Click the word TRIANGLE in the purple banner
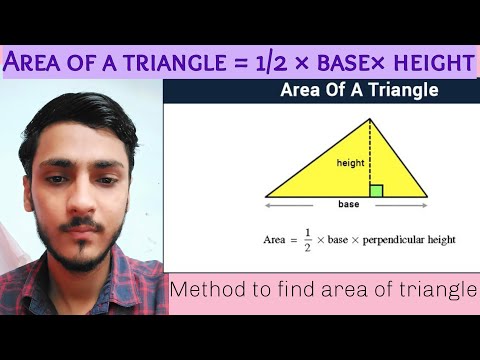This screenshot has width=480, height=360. pos(175,62)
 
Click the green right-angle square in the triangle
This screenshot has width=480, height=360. pos(376,190)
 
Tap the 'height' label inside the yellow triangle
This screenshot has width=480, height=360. pos(349,162)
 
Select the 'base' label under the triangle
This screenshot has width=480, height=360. pos(349,204)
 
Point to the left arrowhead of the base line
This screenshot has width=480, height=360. pos(268,205)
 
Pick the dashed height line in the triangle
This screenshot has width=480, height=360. pos(370,150)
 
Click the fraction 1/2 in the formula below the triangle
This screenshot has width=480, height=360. pos(306,240)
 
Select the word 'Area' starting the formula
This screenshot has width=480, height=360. pos(275,240)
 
